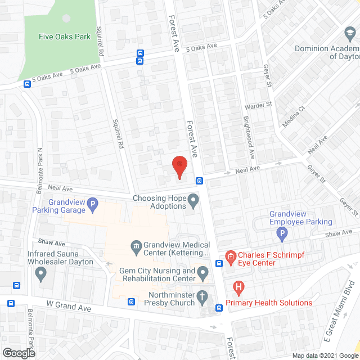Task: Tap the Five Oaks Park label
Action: click(65, 37)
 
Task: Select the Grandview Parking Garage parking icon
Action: click(93, 203)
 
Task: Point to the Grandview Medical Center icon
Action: click(136, 246)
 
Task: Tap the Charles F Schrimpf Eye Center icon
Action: click(230, 258)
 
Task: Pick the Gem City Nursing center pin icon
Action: click(202, 275)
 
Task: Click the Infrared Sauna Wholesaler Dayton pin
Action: click(40, 274)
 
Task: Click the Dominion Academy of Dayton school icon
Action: click(350, 35)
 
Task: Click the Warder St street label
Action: click(258, 105)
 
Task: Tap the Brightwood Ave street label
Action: click(248, 138)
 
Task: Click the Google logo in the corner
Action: click(19, 353)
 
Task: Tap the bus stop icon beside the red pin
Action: click(199, 181)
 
